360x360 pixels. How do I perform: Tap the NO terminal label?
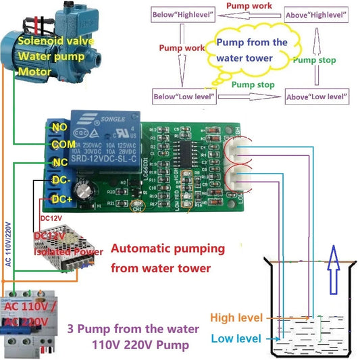59,126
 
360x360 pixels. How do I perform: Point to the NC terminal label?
59,162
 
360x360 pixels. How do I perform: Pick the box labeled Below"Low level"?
185,97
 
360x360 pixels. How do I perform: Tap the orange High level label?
237,317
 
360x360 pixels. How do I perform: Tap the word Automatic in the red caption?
139,248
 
